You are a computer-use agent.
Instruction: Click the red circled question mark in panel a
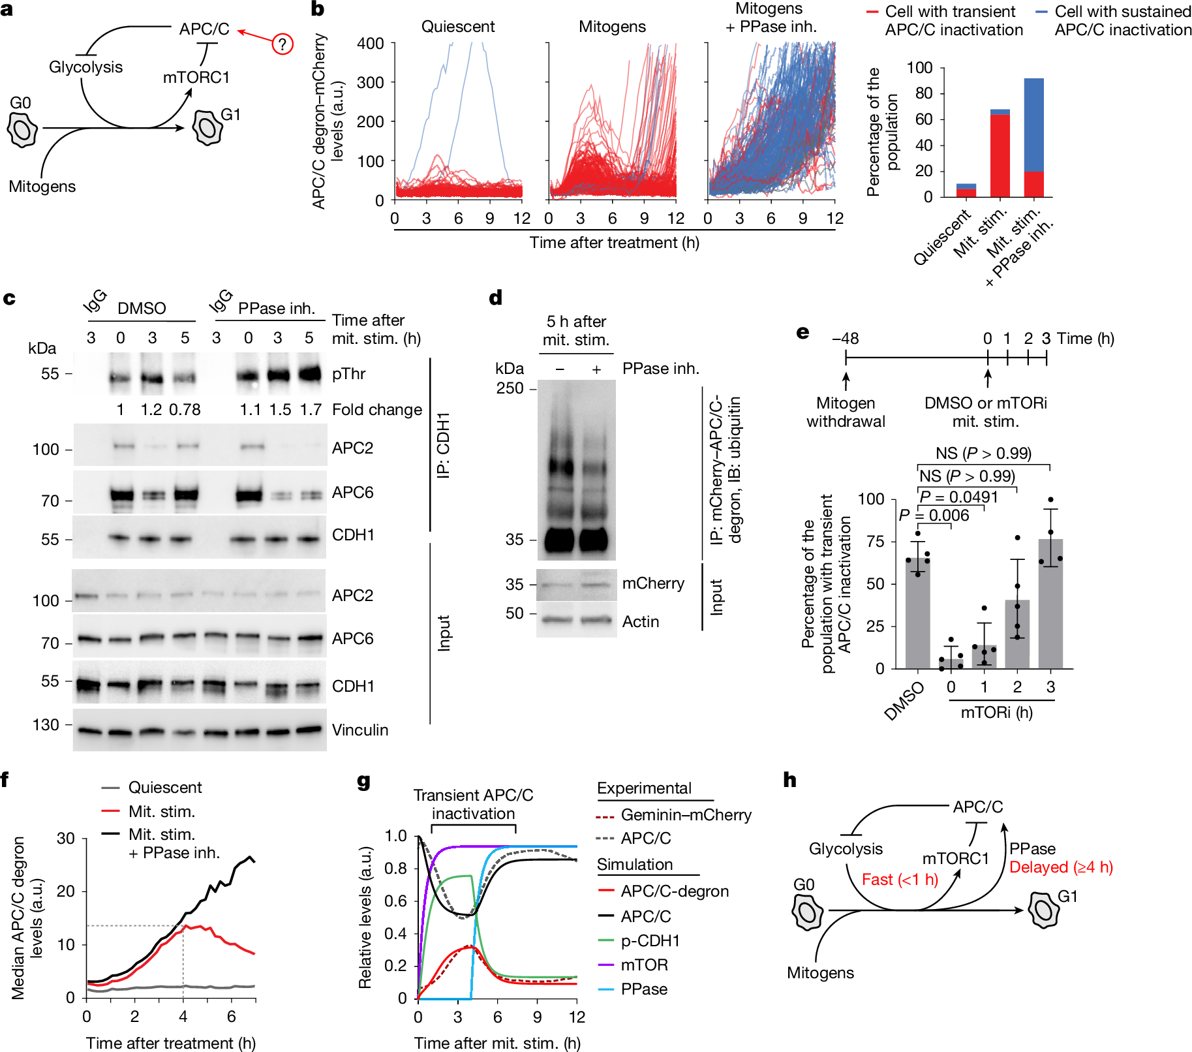point(282,44)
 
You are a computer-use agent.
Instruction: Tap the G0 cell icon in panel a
point(22,129)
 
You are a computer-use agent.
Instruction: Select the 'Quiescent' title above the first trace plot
point(457,27)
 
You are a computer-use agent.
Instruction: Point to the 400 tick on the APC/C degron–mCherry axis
point(370,44)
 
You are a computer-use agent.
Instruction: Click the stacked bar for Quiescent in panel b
point(966,191)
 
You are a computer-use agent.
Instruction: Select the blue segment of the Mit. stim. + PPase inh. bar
point(1033,125)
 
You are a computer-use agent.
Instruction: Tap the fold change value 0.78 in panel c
point(185,410)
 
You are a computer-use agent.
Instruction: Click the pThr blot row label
point(348,374)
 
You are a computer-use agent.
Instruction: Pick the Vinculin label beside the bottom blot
point(359,730)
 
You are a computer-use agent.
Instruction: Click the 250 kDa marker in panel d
point(510,388)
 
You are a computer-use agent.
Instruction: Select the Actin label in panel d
point(640,621)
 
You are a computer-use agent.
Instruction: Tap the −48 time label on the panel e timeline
point(845,339)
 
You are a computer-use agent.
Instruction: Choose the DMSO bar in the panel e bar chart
point(917,613)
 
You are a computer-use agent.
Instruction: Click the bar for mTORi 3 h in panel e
point(1050,604)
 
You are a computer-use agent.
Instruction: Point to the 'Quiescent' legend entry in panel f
point(164,788)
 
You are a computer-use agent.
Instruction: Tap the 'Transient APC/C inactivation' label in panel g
point(473,804)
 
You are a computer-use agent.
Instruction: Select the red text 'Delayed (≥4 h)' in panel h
point(1060,867)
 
